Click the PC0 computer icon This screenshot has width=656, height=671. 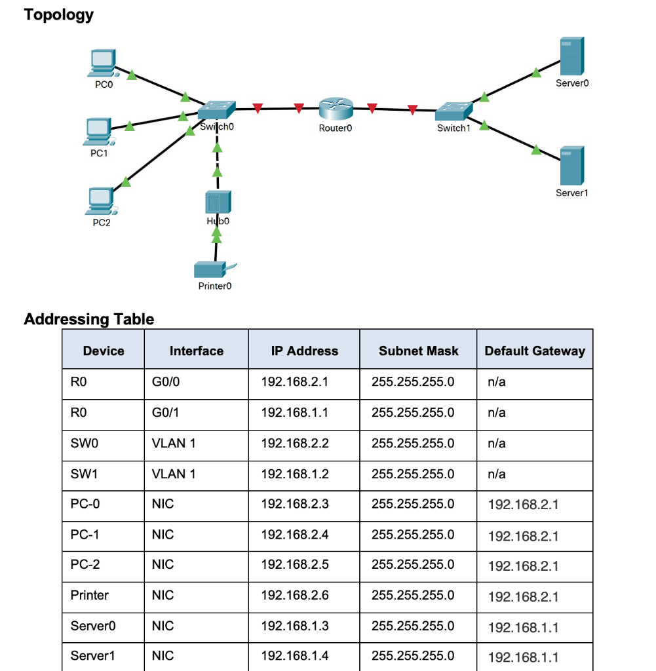102,64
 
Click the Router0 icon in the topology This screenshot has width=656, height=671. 336,109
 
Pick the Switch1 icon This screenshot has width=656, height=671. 453,111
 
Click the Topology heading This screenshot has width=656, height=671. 59,14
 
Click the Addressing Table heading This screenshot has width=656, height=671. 89,319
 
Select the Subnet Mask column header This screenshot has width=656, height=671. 418,351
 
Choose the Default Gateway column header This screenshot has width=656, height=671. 534,351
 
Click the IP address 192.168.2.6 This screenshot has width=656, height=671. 294,596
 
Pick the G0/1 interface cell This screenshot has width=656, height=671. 164,413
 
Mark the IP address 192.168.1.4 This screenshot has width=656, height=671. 294,655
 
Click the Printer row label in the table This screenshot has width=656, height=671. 90,596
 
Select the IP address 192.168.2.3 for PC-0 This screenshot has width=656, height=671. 294,504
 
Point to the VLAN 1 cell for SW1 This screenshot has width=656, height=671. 173,474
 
